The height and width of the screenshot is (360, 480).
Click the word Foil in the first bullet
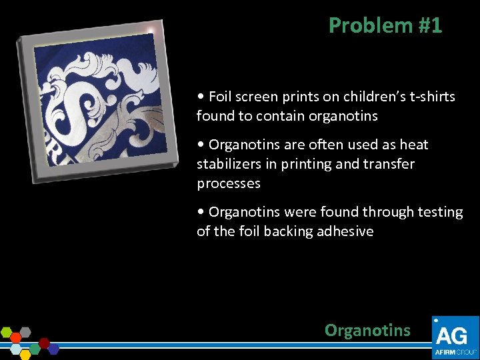coord(221,97)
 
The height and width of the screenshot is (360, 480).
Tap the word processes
coord(228,183)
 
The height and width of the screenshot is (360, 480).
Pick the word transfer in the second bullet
coord(390,164)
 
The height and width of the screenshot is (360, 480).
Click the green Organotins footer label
coord(367,330)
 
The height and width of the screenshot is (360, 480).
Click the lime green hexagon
coord(7,333)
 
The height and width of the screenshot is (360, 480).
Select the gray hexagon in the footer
coord(25,331)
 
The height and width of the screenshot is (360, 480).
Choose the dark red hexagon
coord(44,343)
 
